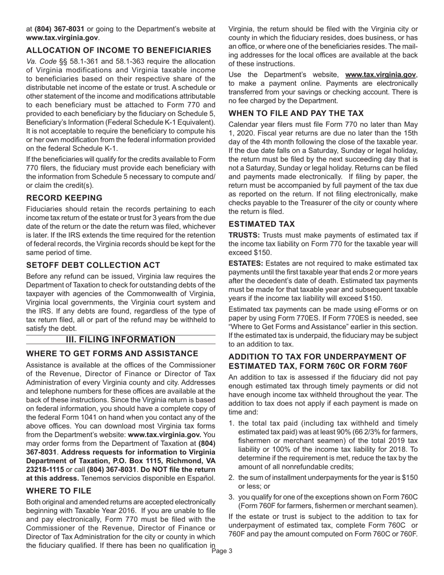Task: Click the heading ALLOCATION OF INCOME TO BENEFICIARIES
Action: point(119,50)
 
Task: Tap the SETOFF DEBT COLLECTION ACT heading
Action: point(93,265)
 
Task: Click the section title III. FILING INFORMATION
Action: point(121,339)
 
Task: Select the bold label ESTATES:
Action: point(245,264)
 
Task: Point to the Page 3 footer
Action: point(222,551)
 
